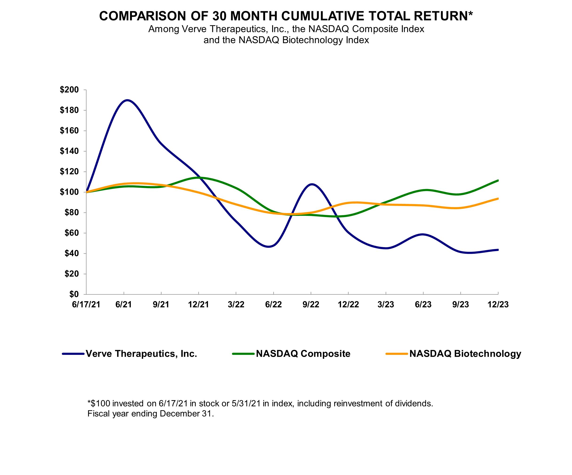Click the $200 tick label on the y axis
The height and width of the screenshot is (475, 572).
(69, 90)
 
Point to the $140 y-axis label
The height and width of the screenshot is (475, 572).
(69, 151)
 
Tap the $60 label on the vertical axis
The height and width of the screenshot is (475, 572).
(71, 233)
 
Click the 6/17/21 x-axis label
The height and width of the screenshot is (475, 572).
(86, 305)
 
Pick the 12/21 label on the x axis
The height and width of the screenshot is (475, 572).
(198, 305)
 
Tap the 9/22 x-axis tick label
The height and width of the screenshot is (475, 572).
(311, 305)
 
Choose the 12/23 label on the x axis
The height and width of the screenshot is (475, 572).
(498, 305)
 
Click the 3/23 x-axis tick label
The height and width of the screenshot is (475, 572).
(386, 305)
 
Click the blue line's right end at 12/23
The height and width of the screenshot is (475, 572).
(498, 250)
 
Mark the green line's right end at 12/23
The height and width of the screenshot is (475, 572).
(498, 180)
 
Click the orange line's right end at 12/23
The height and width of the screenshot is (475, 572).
(498, 199)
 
